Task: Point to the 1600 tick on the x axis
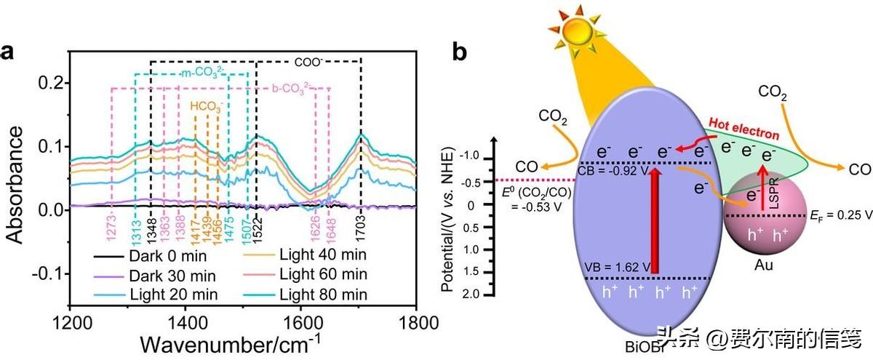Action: (x=300, y=321)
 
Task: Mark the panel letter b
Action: (x=460, y=52)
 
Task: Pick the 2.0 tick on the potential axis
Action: (x=474, y=294)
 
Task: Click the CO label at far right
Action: (x=860, y=169)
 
